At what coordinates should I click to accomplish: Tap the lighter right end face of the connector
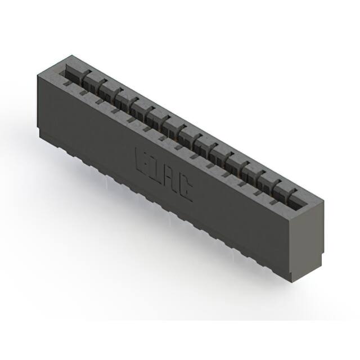(308, 236)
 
